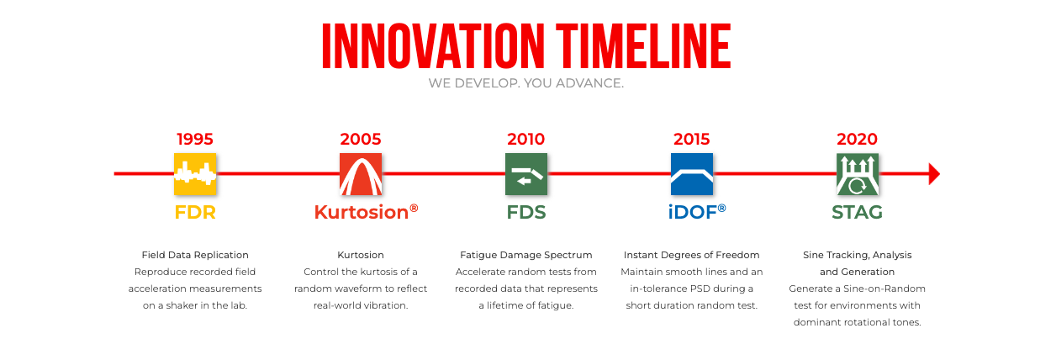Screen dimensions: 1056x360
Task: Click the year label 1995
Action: [195, 139]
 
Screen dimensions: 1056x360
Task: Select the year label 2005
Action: [361, 139]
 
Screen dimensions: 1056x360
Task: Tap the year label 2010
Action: [526, 139]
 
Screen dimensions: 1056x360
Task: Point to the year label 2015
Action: [692, 139]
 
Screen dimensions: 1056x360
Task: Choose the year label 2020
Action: [857, 139]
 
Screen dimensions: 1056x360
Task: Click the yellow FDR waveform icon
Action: [195, 174]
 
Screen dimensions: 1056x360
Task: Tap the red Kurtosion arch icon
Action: [361, 174]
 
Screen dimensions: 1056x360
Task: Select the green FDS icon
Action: [526, 174]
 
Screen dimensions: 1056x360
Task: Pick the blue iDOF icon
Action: [692, 174]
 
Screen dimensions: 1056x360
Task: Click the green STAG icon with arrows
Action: [858, 174]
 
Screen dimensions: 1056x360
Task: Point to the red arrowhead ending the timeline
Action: [934, 174]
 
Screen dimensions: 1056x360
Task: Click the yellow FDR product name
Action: [195, 212]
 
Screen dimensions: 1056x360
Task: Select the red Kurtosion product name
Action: [366, 212]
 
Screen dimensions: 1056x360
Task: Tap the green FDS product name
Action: [526, 212]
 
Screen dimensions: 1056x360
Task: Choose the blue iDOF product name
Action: [697, 212]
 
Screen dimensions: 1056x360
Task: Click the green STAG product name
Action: [857, 212]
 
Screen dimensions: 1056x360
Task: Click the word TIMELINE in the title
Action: [643, 46]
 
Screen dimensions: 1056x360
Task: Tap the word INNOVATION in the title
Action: [433, 46]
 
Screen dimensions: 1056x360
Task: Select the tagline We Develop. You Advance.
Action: [526, 83]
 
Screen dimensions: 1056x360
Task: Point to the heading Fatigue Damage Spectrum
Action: [526, 255]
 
